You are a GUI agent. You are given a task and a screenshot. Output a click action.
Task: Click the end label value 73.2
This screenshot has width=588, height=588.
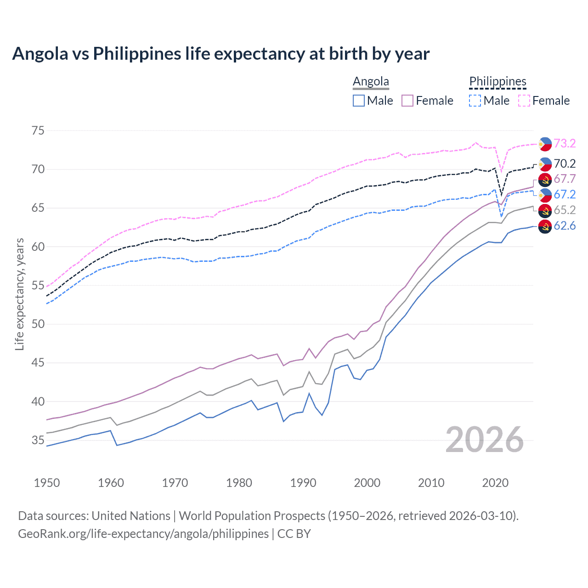coord(565,143)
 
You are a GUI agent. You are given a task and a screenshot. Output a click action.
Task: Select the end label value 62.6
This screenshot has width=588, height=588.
coord(565,226)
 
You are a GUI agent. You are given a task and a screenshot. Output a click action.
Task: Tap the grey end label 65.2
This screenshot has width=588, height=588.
coord(565,210)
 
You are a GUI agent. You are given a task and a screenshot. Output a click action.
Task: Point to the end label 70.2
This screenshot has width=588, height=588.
coord(565,164)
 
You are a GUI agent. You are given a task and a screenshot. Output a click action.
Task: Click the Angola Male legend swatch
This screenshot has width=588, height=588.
coord(359,101)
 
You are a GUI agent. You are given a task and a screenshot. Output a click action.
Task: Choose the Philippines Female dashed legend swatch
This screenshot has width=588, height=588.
coord(524,101)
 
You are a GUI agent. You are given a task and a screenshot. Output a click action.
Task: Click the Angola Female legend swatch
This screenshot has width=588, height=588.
coord(407,101)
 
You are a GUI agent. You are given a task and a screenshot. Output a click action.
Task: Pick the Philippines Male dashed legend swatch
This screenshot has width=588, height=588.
coord(475,101)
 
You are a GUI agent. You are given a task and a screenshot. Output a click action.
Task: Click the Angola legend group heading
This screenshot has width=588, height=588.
coord(371,81)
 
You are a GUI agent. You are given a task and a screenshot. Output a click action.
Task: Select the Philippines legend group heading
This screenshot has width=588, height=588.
coord(498,81)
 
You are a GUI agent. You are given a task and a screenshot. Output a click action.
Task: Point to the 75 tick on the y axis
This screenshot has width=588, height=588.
coord(38,130)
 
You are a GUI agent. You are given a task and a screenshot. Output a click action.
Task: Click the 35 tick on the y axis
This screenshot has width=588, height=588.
coord(38,440)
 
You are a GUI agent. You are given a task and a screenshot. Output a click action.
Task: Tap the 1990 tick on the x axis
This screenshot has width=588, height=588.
coord(303,483)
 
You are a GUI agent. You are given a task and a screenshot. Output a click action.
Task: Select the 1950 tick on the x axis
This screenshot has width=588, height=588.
coord(47,483)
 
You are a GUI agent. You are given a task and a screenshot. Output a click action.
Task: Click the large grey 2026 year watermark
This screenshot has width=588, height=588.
coord(484,440)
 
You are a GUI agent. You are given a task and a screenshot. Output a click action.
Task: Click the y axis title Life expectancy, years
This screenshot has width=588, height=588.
coord(19,294)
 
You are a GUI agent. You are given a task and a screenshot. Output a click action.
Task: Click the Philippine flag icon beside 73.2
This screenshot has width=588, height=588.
coord(545,144)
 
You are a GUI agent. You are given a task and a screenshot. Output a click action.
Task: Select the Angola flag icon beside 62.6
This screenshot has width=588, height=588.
coord(545,226)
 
